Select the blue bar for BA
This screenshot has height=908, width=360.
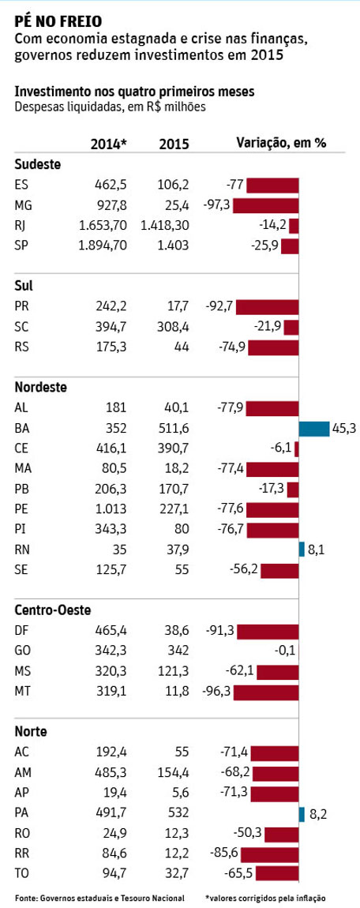click(314, 429)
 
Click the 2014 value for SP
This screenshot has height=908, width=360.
click(103, 246)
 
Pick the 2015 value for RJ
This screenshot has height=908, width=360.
click(164, 226)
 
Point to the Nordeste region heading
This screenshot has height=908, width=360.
click(40, 387)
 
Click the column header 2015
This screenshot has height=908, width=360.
click(174, 144)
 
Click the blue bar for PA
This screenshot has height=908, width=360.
click(302, 813)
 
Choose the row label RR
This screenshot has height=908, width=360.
click(21, 853)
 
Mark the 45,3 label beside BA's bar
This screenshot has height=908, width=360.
click(343, 429)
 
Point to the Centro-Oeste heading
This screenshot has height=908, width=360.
click(53, 610)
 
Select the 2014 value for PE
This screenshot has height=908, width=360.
click(111, 509)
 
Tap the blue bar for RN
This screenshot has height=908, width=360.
click(302, 550)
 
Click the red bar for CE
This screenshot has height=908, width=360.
click(296, 449)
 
